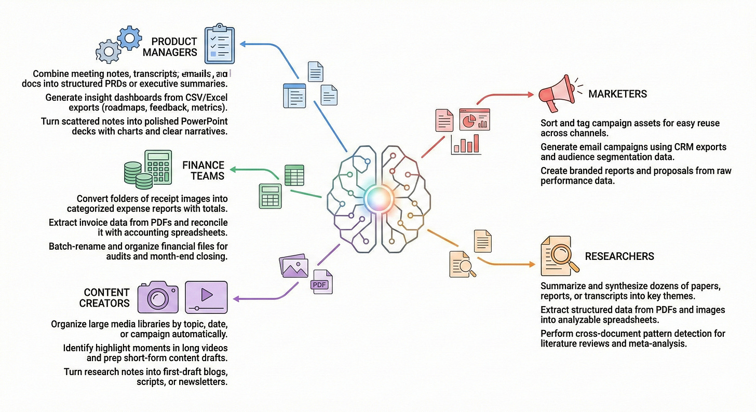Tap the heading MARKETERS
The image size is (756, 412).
(x=617, y=94)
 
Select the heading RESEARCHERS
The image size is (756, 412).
(x=619, y=256)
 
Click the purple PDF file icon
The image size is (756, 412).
(x=321, y=282)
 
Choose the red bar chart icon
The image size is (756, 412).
(x=466, y=143)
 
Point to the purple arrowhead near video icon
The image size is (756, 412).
(x=236, y=299)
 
